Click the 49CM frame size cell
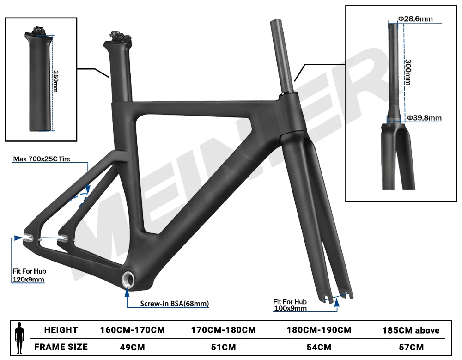pos(133,347)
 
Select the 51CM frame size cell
pos(224,347)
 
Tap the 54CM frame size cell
pos(319,347)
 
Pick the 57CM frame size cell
pos(410,347)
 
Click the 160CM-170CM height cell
pos(133,330)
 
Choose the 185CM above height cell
pos(410,330)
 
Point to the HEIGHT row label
pos(61,330)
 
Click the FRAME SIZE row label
pos(61,347)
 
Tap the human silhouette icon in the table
pos(19,338)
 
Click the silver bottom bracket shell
pos(127,279)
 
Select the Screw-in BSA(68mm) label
pos(175,304)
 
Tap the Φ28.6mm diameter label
pos(415,19)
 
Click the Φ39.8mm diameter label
pos(424,118)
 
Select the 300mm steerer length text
pos(407,72)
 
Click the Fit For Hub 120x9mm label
pos(29,275)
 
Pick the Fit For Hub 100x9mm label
pos(290,305)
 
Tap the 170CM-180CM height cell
pos(224,330)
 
